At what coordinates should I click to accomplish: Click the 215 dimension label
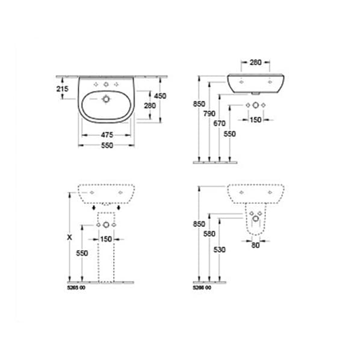[x=62, y=88]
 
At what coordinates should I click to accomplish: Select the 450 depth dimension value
[x=161, y=96]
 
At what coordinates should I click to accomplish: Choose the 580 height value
[x=210, y=233]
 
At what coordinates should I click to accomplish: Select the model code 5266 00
[x=202, y=288]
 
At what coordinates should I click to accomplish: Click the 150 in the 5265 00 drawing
[x=106, y=239]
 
